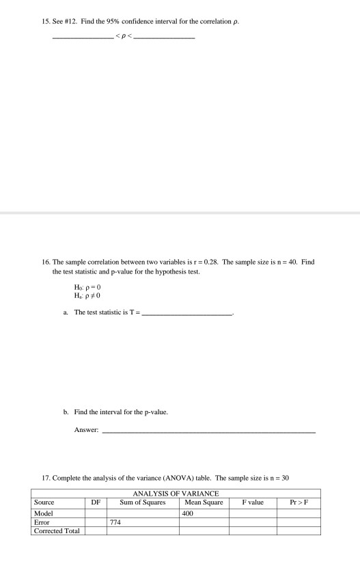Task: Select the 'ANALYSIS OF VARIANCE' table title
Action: pyautogui.click(x=176, y=493)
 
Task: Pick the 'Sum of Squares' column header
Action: pyautogui.click(x=143, y=501)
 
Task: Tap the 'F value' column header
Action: pyautogui.click(x=252, y=501)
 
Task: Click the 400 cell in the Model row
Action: pyautogui.click(x=189, y=511)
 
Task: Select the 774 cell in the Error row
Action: pyautogui.click(x=116, y=521)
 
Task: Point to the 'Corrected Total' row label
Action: pyautogui.click(x=55, y=530)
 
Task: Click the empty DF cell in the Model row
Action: pyautogui.click(x=96, y=511)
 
